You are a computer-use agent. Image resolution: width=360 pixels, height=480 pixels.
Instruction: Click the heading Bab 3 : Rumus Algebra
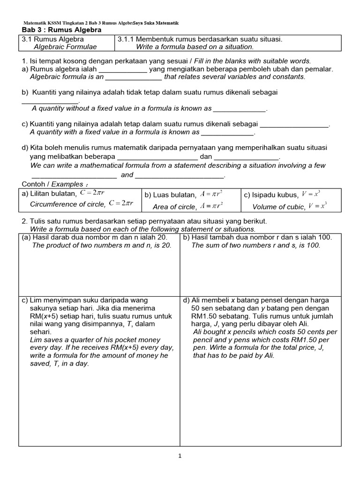point(62,30)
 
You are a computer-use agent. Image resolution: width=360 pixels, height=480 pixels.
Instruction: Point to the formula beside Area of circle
point(211,205)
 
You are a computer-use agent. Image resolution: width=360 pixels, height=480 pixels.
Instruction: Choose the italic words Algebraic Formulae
point(66,46)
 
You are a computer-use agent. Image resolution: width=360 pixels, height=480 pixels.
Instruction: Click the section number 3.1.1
point(126,39)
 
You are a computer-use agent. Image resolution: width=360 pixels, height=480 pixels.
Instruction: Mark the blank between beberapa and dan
point(157,157)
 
